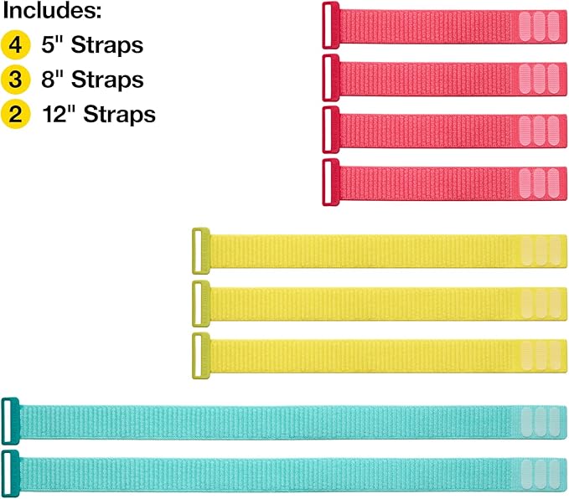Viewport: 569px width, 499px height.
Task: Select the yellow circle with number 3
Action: click(13, 80)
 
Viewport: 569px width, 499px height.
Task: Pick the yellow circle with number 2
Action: click(13, 114)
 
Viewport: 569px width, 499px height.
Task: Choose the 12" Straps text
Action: click(100, 114)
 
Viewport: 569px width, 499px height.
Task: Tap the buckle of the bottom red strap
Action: click(330, 182)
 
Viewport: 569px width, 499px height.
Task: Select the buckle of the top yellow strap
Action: click(200, 250)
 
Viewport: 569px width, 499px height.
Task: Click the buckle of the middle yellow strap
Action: click(200, 303)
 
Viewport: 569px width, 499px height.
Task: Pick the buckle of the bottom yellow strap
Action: click(200, 355)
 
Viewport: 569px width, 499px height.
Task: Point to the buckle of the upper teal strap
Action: click(10, 419)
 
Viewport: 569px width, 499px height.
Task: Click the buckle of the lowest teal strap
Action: click(10, 471)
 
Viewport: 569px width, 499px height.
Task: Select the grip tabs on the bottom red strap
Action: click(537, 182)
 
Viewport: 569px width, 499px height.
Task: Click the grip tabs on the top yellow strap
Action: click(540, 250)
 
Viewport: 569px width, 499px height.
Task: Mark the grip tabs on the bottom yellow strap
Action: click(540, 355)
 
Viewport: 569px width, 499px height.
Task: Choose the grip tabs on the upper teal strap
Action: click(540, 419)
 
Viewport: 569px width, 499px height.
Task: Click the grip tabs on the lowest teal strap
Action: click(540, 471)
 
